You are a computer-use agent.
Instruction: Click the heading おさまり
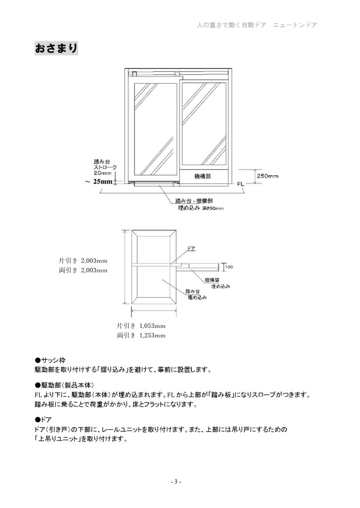56,48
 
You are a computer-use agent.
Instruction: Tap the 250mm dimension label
267,176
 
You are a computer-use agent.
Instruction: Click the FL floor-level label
240,184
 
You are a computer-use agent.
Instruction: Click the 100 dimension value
229,267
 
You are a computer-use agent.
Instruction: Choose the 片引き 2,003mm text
83,260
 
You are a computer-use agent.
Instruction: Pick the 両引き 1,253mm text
141,335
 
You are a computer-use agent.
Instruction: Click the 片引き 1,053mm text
141,326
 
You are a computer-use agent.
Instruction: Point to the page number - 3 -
176,482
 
